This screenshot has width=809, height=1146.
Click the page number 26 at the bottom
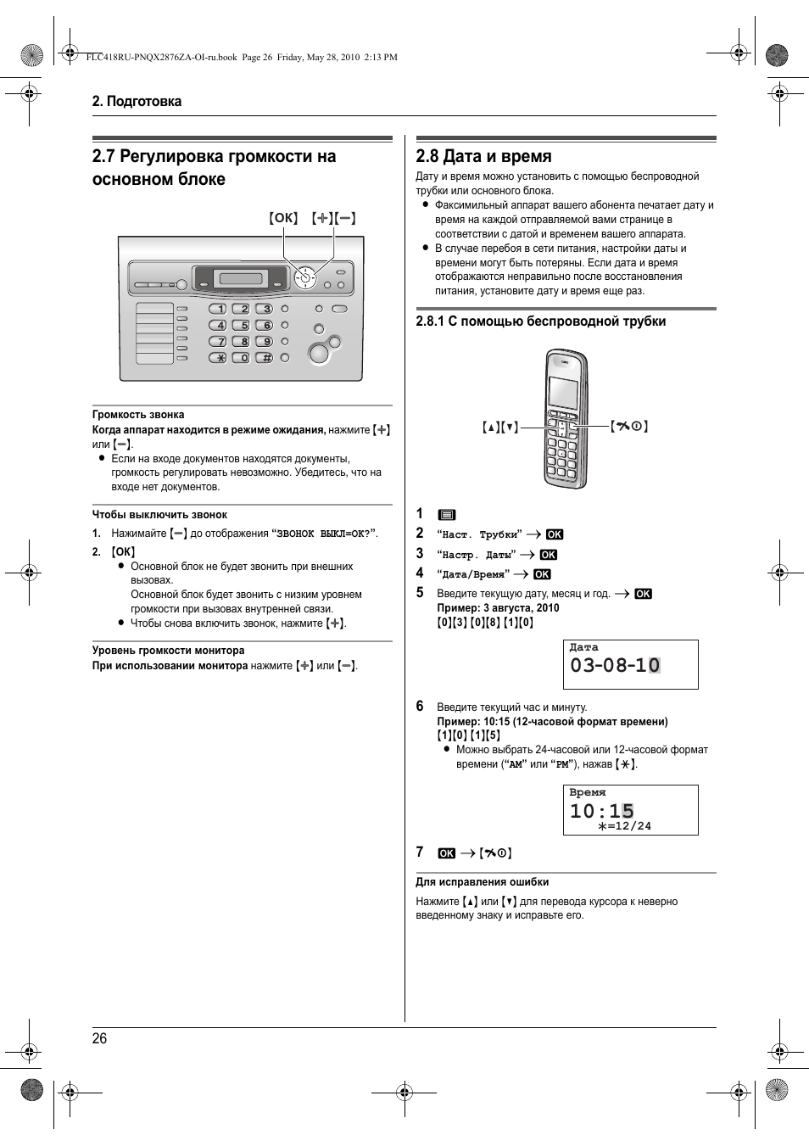[x=99, y=1038]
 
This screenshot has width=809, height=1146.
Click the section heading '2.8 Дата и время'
[x=483, y=156]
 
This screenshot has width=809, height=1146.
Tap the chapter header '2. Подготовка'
[x=137, y=101]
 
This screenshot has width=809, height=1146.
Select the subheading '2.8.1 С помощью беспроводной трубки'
[x=540, y=321]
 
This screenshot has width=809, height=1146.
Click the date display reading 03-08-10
[x=615, y=665]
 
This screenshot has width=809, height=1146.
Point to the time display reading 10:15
[x=601, y=811]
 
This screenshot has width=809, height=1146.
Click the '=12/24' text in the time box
[x=625, y=826]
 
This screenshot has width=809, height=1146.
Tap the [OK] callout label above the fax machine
[x=283, y=218]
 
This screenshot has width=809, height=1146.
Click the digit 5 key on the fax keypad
[x=242, y=325]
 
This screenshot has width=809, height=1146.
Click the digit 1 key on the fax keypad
[x=218, y=309]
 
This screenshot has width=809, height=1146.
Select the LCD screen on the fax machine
[x=241, y=278]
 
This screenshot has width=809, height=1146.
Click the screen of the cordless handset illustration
[x=562, y=393]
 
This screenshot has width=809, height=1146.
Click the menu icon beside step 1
[x=447, y=515]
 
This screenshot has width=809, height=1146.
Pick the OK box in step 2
[x=555, y=534]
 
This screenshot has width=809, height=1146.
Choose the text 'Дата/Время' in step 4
[x=472, y=574]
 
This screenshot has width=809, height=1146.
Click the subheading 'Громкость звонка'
[x=138, y=415]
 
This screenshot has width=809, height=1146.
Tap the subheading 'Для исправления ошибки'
[x=482, y=882]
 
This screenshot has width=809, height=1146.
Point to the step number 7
[x=420, y=852]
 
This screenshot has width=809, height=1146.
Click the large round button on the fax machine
[x=319, y=353]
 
